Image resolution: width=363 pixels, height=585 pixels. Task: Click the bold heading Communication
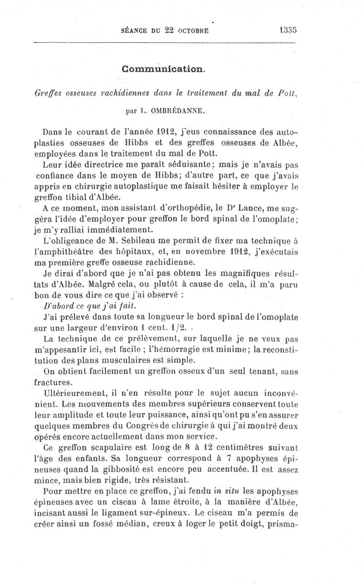pos(164,69)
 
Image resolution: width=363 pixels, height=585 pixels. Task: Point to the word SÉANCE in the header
pos(133,31)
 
